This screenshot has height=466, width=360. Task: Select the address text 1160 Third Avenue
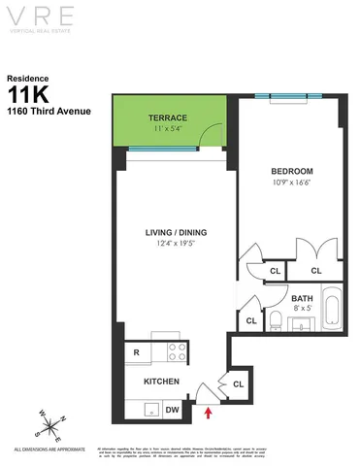49,111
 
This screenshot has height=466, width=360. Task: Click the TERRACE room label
168,117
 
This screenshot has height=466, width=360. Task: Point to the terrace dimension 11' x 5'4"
168,128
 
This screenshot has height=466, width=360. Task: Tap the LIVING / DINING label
176,232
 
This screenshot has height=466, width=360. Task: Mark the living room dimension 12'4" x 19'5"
176,244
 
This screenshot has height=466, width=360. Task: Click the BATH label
302,298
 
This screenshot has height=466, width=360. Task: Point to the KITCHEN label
161,382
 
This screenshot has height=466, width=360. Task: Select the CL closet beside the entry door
239,386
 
